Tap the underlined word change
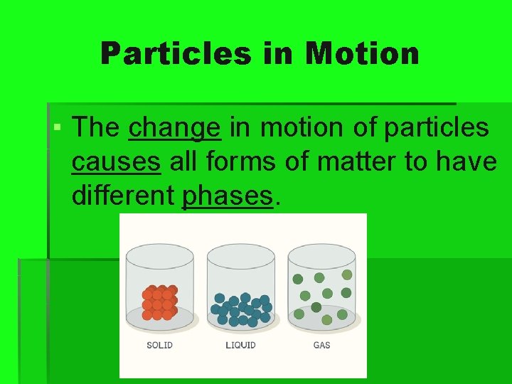tap(175, 128)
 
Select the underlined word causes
tap(116, 161)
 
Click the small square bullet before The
tap(57, 129)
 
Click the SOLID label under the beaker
tap(159, 346)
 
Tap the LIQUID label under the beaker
tap(240, 346)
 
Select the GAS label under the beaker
tap(321, 346)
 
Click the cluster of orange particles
tap(159, 303)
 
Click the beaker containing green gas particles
tap(322, 292)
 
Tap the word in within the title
tap(279, 53)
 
